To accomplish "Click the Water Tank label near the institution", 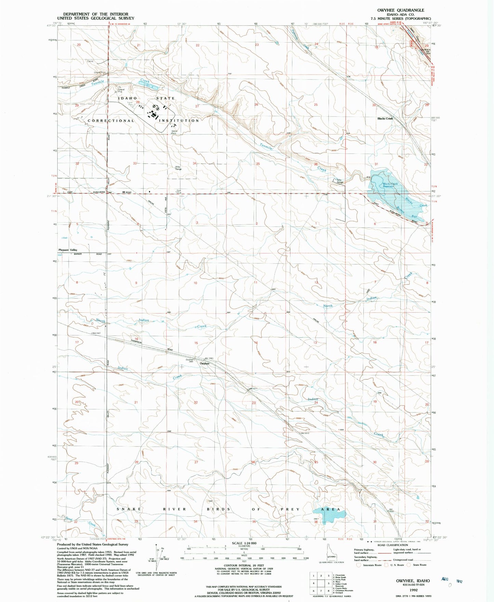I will [x=174, y=132].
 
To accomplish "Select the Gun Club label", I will [x=178, y=192].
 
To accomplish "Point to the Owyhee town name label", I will [x=204, y=363].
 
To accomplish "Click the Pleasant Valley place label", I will [x=68, y=250].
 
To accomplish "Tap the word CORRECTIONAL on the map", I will [x=111, y=121].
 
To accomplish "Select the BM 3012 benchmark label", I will [x=305, y=433].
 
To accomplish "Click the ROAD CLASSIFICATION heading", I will [x=392, y=545].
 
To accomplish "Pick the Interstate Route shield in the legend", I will [x=358, y=565].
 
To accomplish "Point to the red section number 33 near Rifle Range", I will [x=135, y=163].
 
